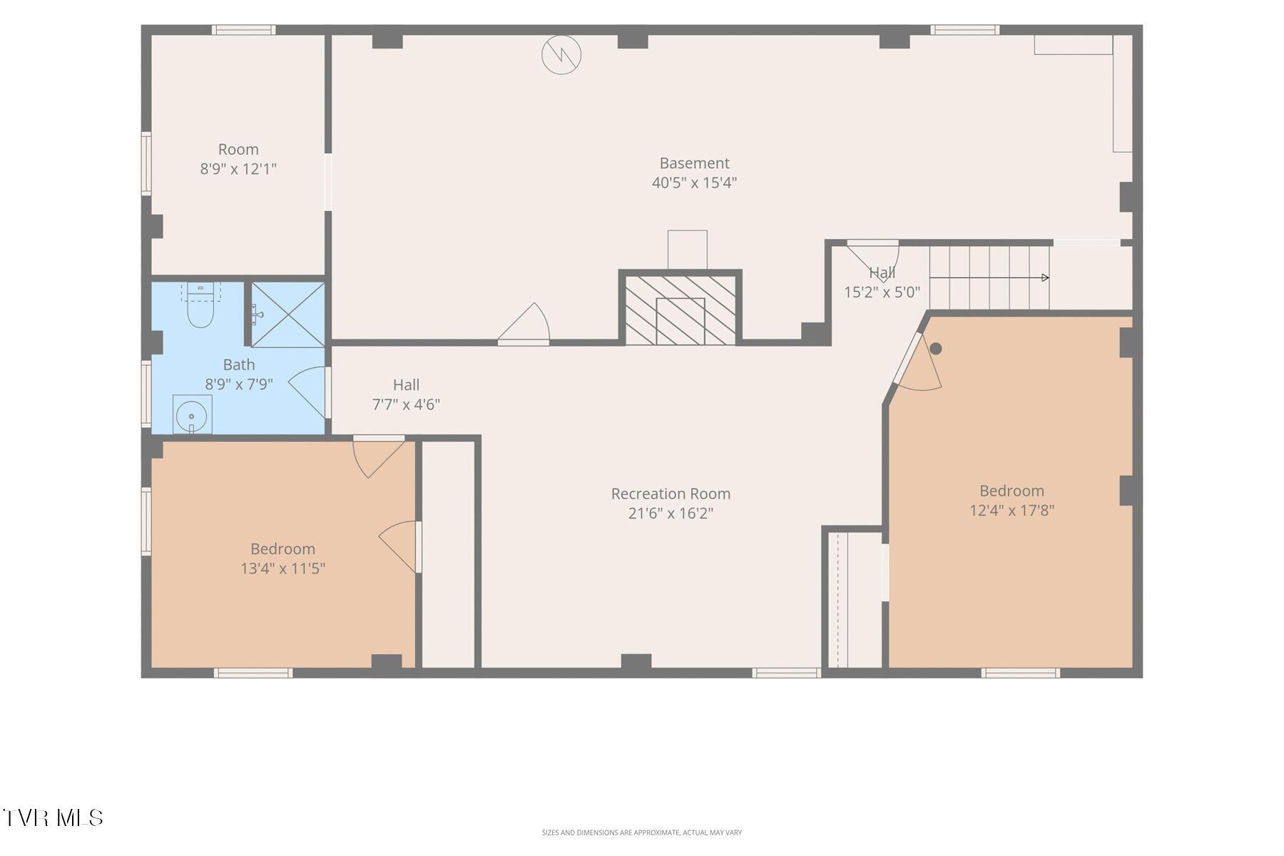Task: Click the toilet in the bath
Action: click(200, 305)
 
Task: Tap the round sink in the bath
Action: click(192, 415)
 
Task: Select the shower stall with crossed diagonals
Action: click(288, 315)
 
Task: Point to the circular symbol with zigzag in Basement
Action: click(561, 54)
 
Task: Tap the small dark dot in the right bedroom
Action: click(936, 349)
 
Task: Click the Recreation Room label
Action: click(671, 494)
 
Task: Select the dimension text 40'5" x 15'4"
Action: click(694, 183)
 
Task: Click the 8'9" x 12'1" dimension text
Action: click(238, 169)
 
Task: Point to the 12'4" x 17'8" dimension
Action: click(1012, 510)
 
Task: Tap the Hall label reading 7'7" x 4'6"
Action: click(406, 404)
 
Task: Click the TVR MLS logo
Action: click(53, 817)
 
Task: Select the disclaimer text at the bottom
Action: click(641, 832)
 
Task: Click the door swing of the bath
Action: click(308, 392)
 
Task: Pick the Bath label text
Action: click(239, 365)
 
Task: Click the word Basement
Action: click(694, 163)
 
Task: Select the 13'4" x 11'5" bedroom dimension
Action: click(283, 569)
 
